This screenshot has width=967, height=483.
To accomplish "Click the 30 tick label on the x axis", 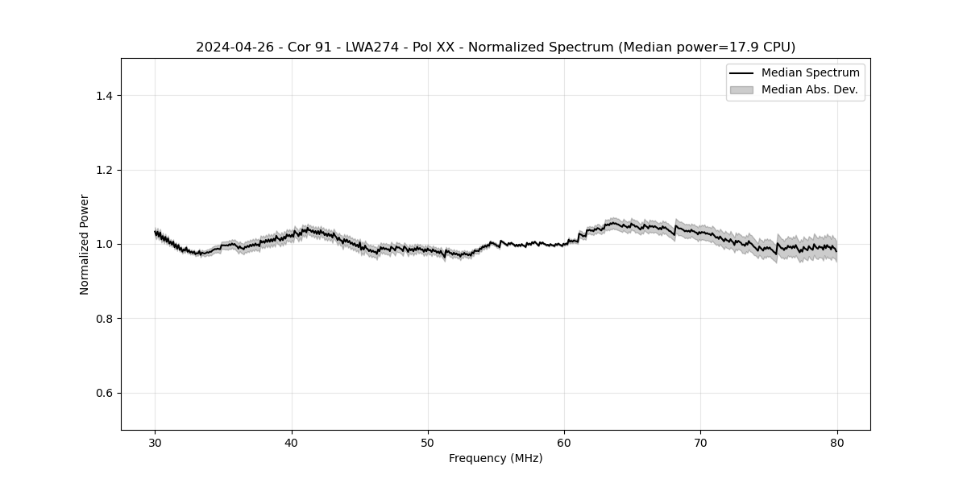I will (x=156, y=443).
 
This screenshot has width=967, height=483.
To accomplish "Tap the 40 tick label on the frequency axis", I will (x=292, y=443).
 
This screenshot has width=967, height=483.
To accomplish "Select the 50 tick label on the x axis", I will (x=428, y=443).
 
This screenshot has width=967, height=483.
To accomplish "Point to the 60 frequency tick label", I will (x=564, y=443).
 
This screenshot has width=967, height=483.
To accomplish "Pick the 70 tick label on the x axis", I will (x=701, y=443).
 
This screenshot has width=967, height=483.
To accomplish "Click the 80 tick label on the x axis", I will (x=837, y=443).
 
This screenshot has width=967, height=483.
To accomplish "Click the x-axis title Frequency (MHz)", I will (x=496, y=458).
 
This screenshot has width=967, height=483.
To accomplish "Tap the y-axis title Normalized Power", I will (x=85, y=244).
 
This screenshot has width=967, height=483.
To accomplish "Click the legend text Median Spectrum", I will (x=810, y=73).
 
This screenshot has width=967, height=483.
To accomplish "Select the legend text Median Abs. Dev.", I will (x=809, y=90).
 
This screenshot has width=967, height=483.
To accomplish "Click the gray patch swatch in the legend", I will (x=741, y=90).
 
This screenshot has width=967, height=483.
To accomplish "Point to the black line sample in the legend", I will (x=741, y=73).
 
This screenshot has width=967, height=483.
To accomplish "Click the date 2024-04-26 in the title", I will (x=234, y=47).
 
